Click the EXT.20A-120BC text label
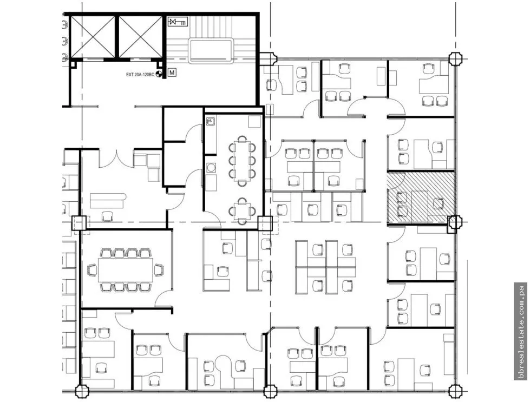pos(140,74)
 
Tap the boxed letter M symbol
pos(172,73)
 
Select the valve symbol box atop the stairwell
pos(178,22)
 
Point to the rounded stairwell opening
pos(211,51)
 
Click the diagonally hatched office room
pos(421,197)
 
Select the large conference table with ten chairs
pos(126,270)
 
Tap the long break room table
pos(242,162)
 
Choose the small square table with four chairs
pos(242,211)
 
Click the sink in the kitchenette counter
pos(210,121)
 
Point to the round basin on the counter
pos(212,167)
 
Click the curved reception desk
pos(108,200)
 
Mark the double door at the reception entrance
pos(116,159)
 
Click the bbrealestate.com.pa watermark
pos(521,332)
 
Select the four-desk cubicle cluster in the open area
pos(325,267)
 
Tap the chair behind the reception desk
pos(108,216)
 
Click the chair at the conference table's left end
pos(92,270)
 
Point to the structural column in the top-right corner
pos(455,59)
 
